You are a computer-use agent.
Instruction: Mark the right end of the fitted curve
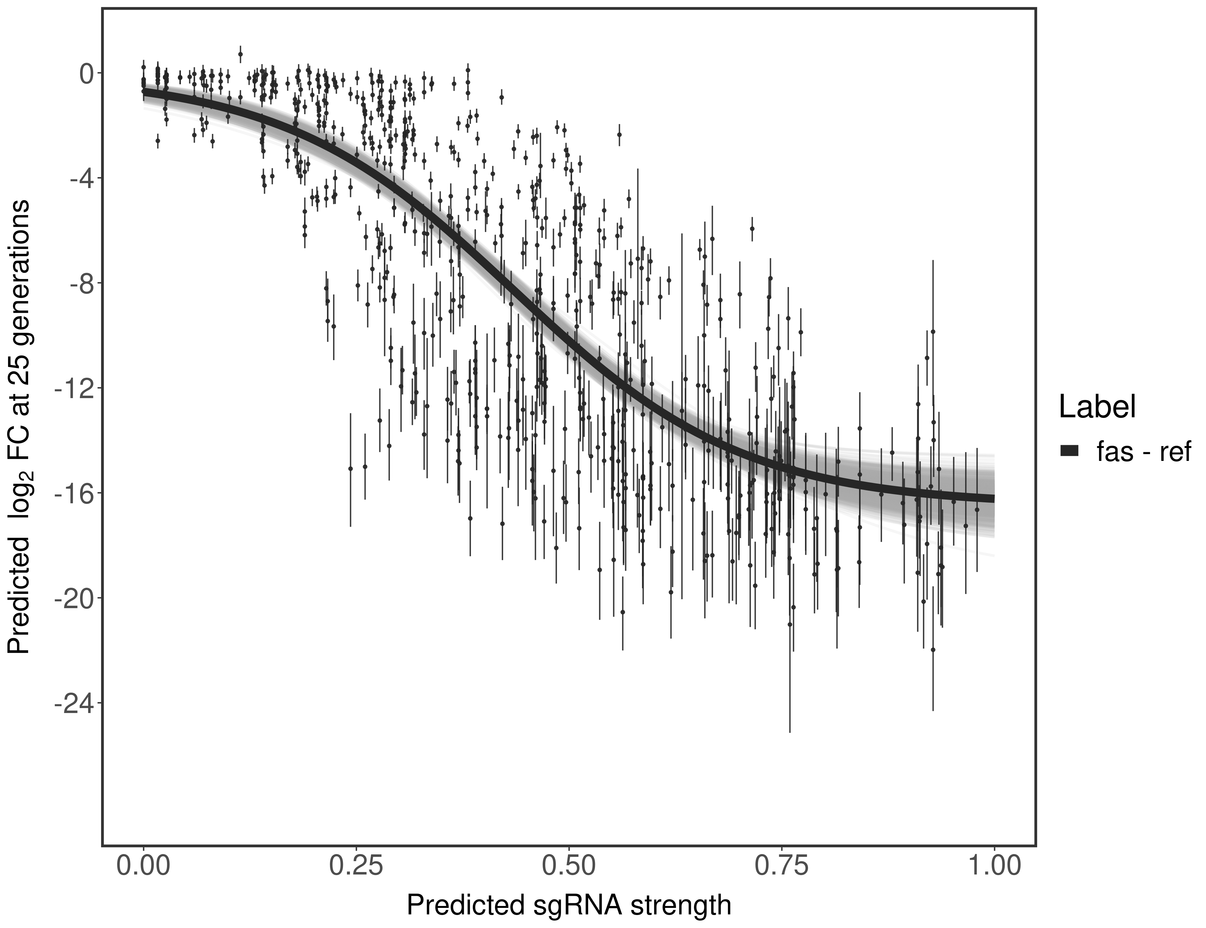pyautogui.click(x=993, y=499)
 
